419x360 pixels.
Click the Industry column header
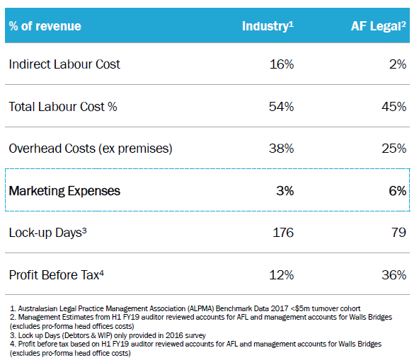[268, 26]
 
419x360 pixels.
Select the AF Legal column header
[379, 26]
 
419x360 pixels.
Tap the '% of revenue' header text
[45, 26]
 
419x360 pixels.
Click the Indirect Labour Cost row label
[64, 64]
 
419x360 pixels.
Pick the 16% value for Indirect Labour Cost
[282, 64]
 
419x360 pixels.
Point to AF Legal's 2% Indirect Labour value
[398, 64]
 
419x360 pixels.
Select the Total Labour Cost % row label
[63, 107]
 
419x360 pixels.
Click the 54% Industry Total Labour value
[282, 107]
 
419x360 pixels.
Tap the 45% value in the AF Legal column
[394, 107]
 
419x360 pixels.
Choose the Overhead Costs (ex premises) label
[91, 149]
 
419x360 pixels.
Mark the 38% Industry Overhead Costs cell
[282, 149]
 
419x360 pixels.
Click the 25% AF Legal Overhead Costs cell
[394, 149]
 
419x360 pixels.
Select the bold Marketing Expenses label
[64, 191]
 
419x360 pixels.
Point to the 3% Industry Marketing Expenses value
[285, 191]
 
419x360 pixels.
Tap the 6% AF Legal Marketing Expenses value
[398, 191]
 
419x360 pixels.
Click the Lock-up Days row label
[48, 233]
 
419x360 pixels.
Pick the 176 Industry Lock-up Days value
[283, 233]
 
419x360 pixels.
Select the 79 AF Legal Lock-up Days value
[398, 233]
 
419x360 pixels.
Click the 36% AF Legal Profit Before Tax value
[394, 275]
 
